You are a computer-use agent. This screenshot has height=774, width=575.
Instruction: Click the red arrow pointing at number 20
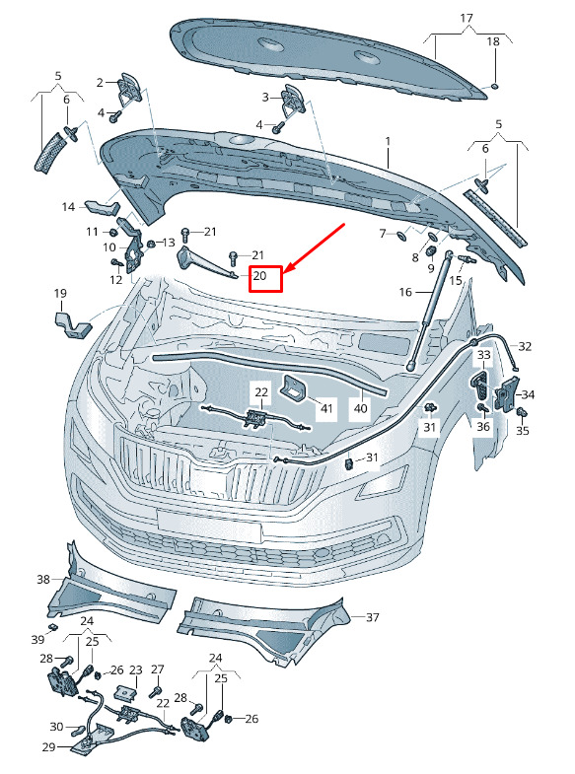[x=315, y=248]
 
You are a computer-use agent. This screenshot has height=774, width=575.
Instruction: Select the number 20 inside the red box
[x=259, y=275]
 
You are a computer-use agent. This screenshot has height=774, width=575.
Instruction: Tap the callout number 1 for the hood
[x=388, y=141]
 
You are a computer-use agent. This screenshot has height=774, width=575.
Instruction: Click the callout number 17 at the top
[x=467, y=19]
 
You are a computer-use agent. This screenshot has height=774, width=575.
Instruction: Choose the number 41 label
[x=326, y=408]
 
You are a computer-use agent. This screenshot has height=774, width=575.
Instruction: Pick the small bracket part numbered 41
[x=293, y=387]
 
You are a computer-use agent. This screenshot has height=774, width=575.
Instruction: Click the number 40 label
[x=361, y=408]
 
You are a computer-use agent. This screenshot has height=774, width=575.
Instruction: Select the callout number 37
[x=373, y=617]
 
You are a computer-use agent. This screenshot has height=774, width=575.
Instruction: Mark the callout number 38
[x=43, y=579]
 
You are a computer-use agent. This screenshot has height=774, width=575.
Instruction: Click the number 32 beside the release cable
[x=525, y=346]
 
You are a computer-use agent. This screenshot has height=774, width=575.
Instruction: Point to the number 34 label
[x=528, y=394]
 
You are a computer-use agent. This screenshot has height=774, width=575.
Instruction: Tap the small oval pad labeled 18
[x=494, y=87]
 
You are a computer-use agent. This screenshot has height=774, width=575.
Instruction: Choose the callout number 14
[x=68, y=207]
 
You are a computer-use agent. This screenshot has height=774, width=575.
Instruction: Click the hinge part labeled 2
[x=129, y=88]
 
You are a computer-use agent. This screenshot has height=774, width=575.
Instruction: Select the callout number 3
[x=265, y=98]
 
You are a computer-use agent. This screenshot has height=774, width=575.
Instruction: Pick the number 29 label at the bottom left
[x=48, y=746]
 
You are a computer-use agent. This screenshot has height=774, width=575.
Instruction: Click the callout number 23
[x=136, y=669]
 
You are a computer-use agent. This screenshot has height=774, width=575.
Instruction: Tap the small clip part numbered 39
[x=52, y=627]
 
